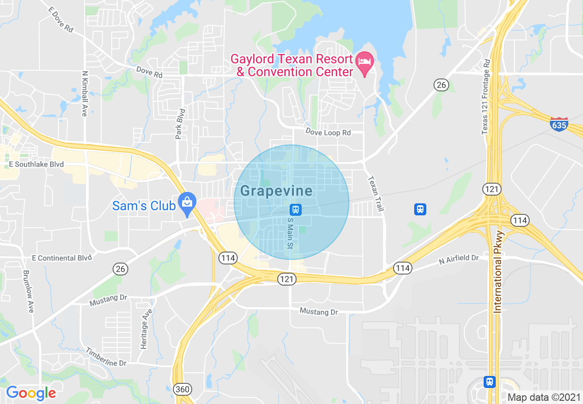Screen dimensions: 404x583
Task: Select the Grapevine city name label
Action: pyautogui.click(x=276, y=191)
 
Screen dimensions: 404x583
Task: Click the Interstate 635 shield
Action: pyautogui.click(x=559, y=124)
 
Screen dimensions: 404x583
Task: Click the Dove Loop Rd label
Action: pyautogui.click(x=328, y=132)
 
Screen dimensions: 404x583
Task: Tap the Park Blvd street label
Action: pyautogui.click(x=180, y=123)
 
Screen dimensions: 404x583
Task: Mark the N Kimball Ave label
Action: pyautogui.click(x=84, y=93)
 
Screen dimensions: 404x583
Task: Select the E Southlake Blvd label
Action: pyautogui.click(x=36, y=164)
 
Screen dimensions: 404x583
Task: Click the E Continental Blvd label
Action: pyautogui.click(x=62, y=258)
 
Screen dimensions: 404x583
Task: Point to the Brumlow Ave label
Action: pyautogui.click(x=28, y=291)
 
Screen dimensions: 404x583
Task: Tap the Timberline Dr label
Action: pyautogui.click(x=106, y=357)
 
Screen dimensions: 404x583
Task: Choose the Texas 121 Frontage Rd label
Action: pyautogui.click(x=486, y=97)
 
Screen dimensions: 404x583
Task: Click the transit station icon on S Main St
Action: pyautogui.click(x=295, y=209)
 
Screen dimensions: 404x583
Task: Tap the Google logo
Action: pyautogui.click(x=31, y=393)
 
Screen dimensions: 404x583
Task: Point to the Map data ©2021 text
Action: pyautogui.click(x=543, y=397)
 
